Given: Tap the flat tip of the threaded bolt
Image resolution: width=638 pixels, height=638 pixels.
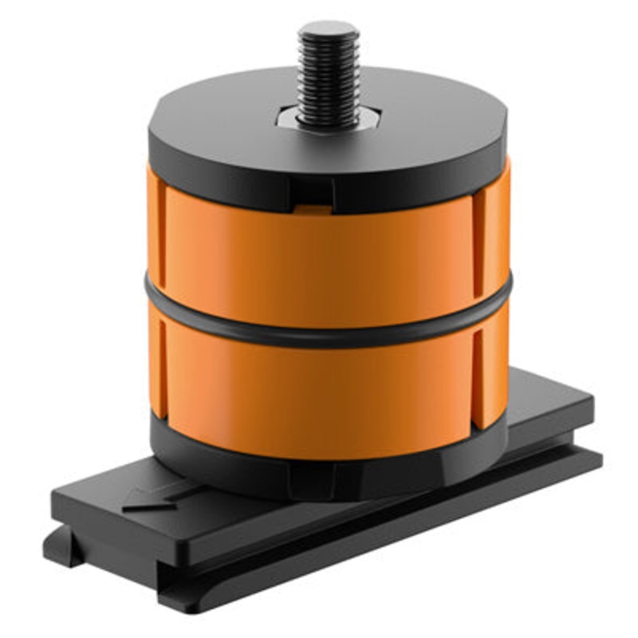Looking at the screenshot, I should (x=328, y=30).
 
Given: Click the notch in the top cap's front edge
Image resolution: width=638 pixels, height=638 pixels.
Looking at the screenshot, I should (x=313, y=191).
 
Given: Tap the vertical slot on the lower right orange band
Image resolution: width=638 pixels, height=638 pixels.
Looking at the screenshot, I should (x=479, y=375).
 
